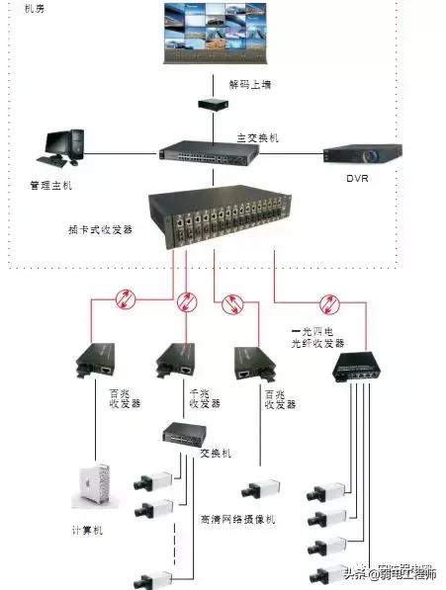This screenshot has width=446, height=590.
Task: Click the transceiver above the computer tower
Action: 95,364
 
